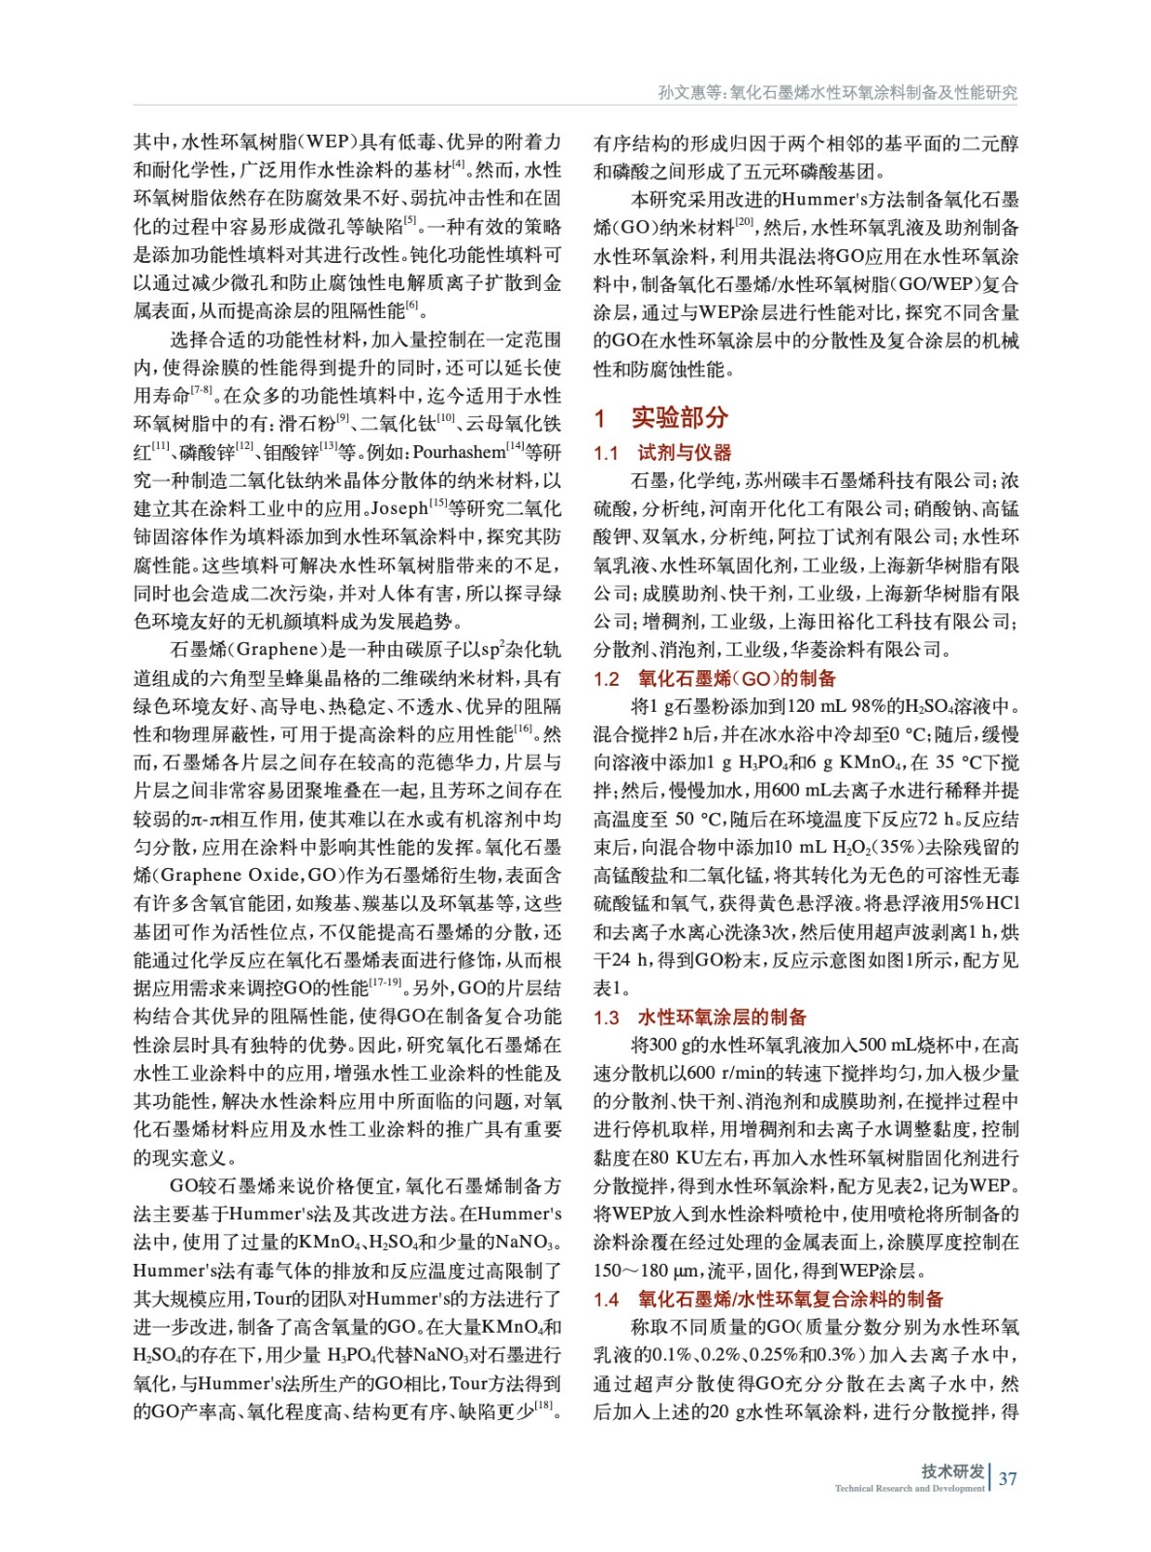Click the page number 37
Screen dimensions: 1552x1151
tap(1007, 1478)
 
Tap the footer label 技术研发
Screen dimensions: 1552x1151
tap(952, 1471)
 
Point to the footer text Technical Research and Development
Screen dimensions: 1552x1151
tap(909, 1488)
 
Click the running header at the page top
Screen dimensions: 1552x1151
tap(837, 92)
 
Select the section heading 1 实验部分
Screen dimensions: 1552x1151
tap(661, 418)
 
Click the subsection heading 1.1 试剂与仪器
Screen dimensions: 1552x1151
tap(662, 452)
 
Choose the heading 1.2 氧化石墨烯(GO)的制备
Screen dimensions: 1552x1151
tap(715, 678)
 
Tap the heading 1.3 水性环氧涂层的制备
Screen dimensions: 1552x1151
tap(700, 1017)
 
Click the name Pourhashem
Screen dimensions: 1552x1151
tap(459, 452)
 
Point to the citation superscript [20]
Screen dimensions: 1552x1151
tap(744, 222)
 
